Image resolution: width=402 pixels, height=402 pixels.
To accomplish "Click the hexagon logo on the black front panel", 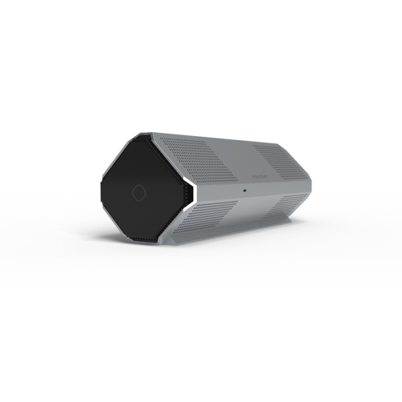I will tap(139, 192).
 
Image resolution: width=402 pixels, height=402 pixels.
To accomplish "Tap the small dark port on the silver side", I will tap(245, 191).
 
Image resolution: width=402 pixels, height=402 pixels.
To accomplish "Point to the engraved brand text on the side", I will tap(260, 176).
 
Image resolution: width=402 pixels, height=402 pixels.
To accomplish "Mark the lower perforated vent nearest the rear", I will tap(288, 204).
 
